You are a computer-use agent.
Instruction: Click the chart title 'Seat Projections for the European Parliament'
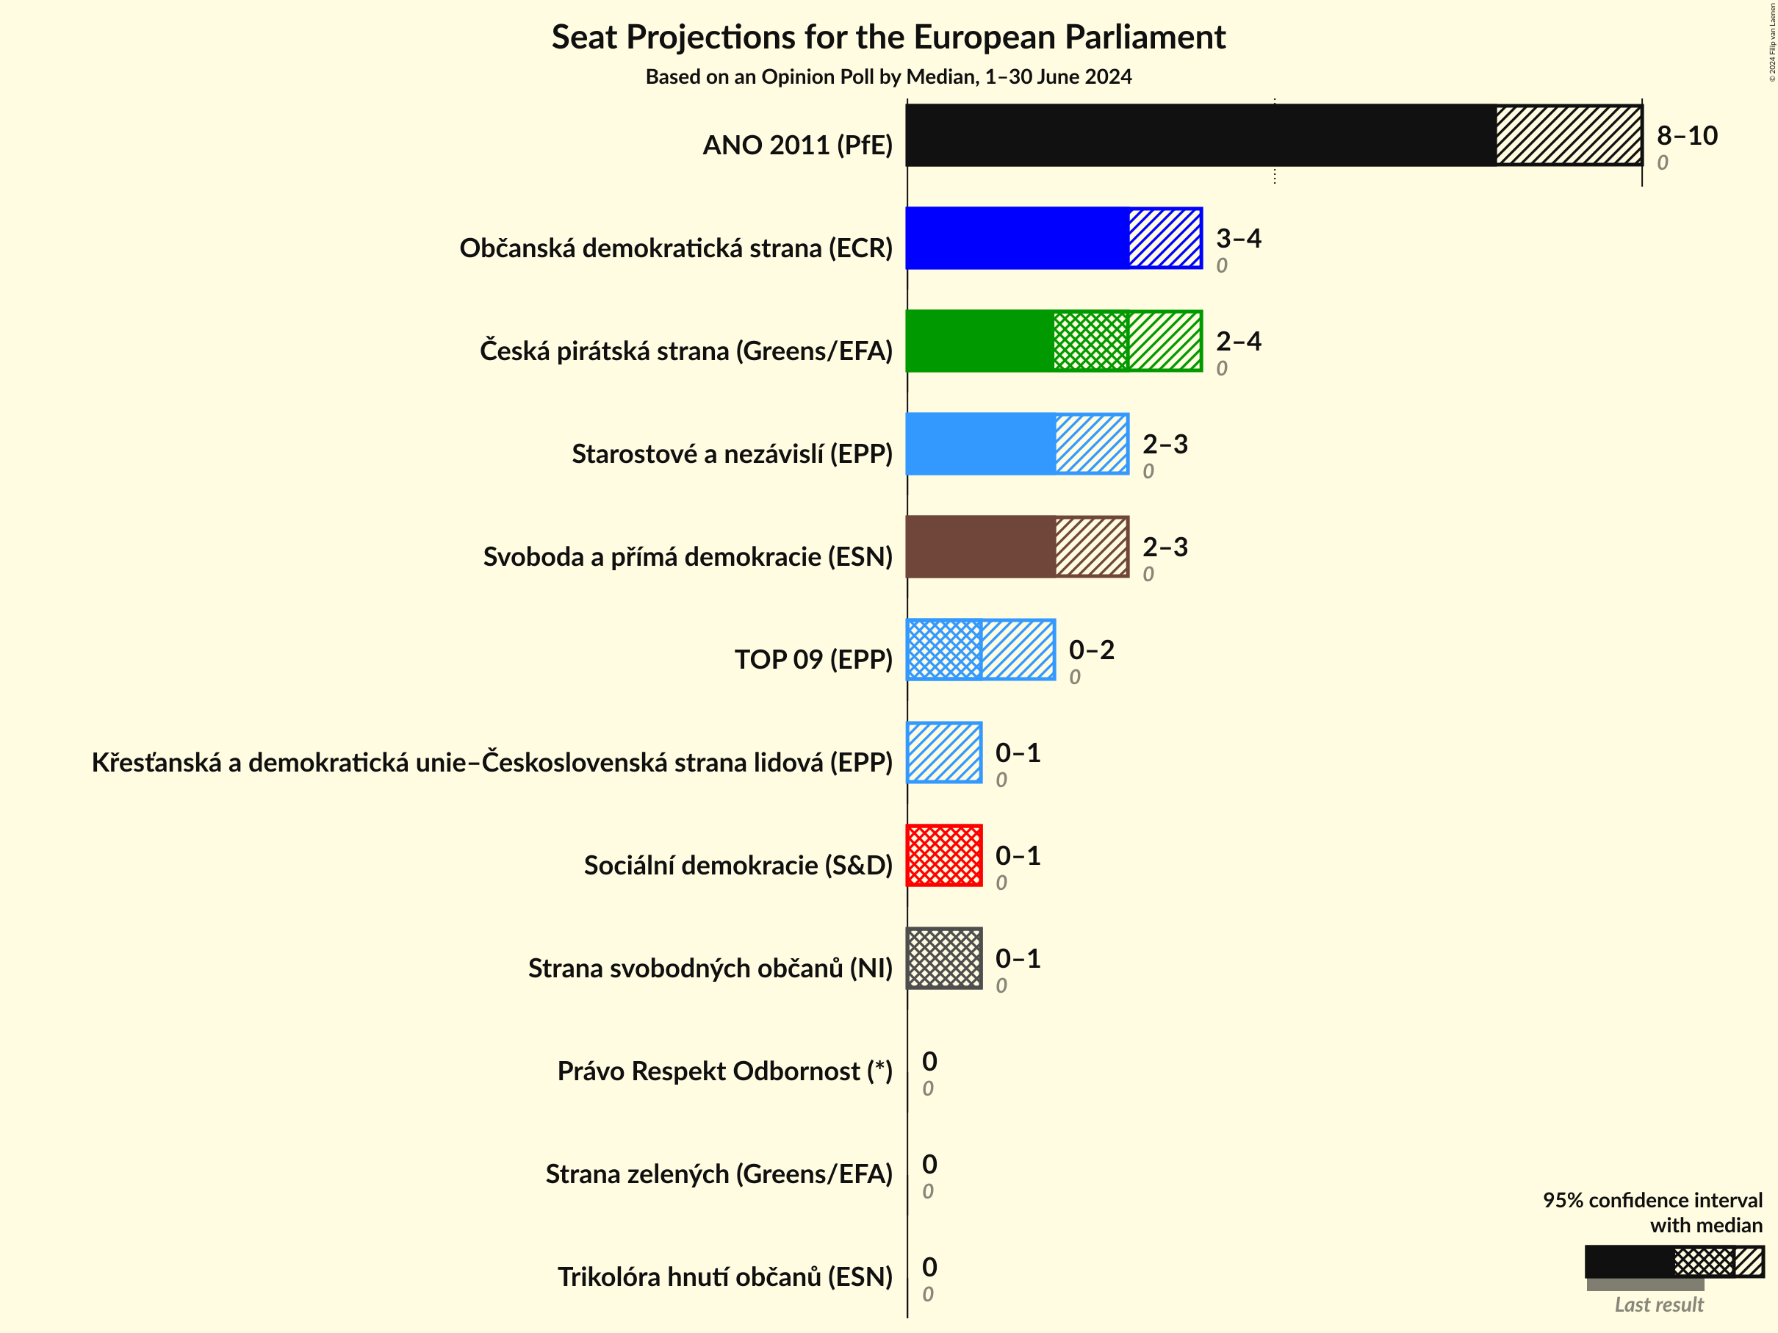(x=888, y=37)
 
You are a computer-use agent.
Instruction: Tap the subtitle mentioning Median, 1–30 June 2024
(x=888, y=76)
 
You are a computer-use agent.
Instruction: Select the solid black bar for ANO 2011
(x=1201, y=135)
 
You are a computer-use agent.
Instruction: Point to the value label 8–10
(x=1686, y=135)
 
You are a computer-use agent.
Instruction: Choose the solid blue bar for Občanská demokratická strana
(x=1018, y=238)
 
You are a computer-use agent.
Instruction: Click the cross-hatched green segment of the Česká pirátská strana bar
(x=1091, y=341)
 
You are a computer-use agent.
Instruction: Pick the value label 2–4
(x=1238, y=341)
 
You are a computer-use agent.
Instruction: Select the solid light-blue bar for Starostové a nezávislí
(x=981, y=444)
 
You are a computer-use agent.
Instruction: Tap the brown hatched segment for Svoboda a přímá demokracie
(x=1092, y=547)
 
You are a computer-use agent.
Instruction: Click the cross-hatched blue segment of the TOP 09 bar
(x=944, y=650)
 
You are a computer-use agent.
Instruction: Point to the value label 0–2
(x=1091, y=650)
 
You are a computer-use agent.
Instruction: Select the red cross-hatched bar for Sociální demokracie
(x=944, y=855)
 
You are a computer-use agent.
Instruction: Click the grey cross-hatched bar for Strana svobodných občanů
(x=944, y=958)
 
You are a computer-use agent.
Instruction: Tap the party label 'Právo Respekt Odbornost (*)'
(x=724, y=1071)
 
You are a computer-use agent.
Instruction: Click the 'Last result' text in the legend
(x=1658, y=1304)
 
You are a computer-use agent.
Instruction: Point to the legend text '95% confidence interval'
(x=1652, y=1199)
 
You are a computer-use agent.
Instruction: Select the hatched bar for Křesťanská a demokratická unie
(x=944, y=752)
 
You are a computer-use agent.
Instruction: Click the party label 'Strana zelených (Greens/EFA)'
(x=719, y=1174)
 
